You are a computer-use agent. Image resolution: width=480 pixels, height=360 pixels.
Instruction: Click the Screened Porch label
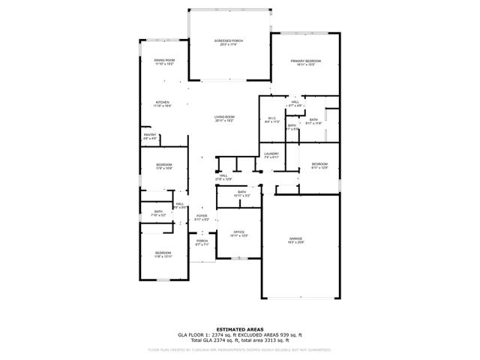click(228, 40)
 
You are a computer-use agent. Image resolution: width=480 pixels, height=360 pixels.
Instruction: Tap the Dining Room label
click(164, 60)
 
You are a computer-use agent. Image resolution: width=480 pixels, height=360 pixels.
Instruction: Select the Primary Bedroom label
click(305, 61)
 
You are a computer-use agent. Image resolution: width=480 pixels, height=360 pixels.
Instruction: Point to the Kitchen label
click(162, 102)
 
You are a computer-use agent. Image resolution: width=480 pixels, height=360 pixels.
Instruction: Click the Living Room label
click(225, 116)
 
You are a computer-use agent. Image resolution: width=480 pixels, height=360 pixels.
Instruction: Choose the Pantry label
click(149, 134)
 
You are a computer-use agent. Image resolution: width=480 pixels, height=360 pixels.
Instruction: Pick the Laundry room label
click(271, 154)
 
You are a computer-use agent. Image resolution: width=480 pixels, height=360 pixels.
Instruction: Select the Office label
click(239, 232)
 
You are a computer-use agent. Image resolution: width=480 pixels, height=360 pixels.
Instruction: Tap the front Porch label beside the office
click(202, 241)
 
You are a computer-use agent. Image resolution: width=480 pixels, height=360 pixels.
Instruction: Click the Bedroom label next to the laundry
click(319, 163)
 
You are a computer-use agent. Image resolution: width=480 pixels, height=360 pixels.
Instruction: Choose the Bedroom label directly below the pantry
click(163, 164)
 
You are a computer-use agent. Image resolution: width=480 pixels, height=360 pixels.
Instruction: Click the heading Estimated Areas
click(239, 328)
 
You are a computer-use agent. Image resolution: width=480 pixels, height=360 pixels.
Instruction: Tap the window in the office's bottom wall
click(240, 259)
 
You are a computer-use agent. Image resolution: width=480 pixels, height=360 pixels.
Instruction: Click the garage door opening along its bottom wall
click(305, 298)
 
